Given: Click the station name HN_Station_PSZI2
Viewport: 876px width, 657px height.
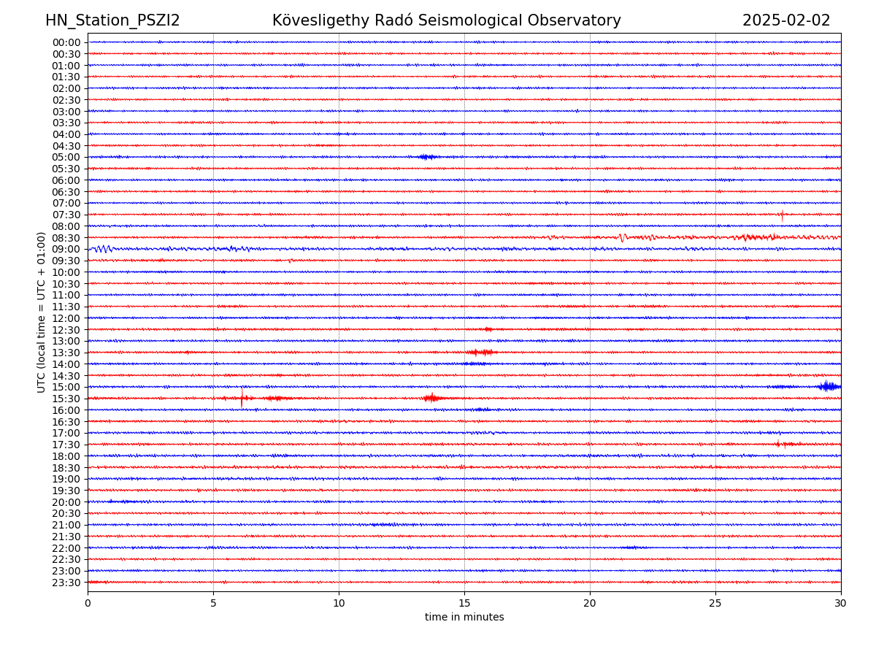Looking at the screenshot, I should (x=112, y=20).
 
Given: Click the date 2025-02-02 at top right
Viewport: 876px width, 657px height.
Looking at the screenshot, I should (x=786, y=20).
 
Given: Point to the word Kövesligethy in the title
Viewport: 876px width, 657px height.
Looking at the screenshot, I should (x=317, y=20).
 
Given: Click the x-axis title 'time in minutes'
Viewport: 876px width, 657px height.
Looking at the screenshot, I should (x=464, y=618).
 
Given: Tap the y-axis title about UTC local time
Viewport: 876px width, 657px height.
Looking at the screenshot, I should (x=42, y=312).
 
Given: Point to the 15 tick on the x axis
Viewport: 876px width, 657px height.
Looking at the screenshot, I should (x=464, y=604).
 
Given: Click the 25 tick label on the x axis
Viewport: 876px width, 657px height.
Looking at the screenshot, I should (x=715, y=604).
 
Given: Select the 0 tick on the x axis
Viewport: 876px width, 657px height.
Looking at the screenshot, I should (x=88, y=604).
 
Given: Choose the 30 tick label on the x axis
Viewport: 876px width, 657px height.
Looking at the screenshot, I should (x=841, y=604).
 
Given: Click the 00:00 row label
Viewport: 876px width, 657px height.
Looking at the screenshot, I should (x=66, y=42).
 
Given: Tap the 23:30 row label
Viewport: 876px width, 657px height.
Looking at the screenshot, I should (x=66, y=583).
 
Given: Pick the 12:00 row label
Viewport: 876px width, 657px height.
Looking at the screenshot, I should (x=66, y=318).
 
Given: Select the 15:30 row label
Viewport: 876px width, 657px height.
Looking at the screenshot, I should (x=66, y=399).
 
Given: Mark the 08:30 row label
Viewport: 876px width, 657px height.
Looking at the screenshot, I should (x=66, y=238).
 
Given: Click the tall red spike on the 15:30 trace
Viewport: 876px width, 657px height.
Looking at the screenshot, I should (x=242, y=398).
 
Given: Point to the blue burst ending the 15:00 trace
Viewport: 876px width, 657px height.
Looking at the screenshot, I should (x=829, y=386).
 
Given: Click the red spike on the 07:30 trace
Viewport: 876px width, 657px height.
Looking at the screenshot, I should (x=782, y=215).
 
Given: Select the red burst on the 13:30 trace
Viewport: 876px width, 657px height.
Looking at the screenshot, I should (x=480, y=353).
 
